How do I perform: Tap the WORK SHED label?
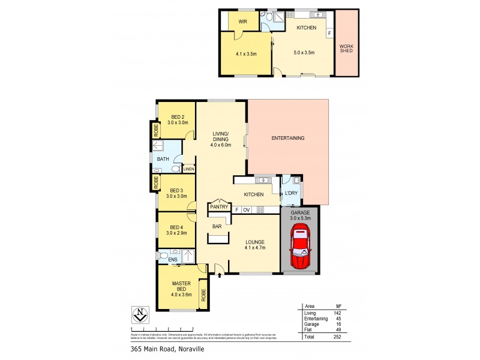coord(346,47)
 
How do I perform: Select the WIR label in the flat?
coord(243,21)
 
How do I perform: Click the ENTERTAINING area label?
coord(288,138)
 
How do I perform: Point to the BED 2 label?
coord(177,117)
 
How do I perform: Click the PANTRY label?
coord(218,207)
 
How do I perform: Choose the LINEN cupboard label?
coord(189,170)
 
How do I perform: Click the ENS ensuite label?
coord(172,259)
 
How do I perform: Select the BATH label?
coord(163,159)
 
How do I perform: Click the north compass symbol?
coord(139,315)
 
